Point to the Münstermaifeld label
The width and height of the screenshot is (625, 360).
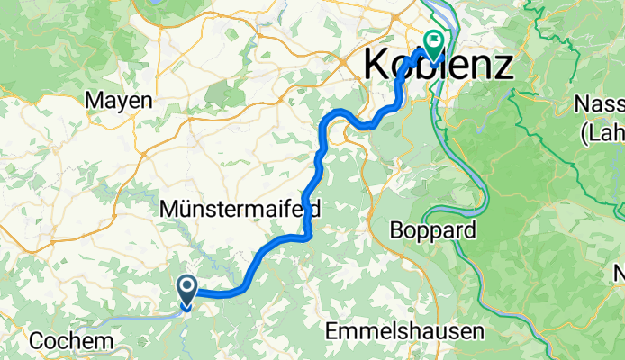click(x=240, y=209)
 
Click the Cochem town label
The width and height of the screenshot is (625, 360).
click(x=71, y=341)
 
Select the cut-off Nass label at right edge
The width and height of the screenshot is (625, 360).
click(x=599, y=104)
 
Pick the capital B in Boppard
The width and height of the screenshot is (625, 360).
click(x=395, y=230)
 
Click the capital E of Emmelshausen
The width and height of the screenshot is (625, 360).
click(x=330, y=331)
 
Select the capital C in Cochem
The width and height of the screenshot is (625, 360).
click(x=37, y=341)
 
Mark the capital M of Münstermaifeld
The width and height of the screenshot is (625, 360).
click(x=168, y=209)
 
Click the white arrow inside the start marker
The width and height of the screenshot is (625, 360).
click(x=187, y=287)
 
